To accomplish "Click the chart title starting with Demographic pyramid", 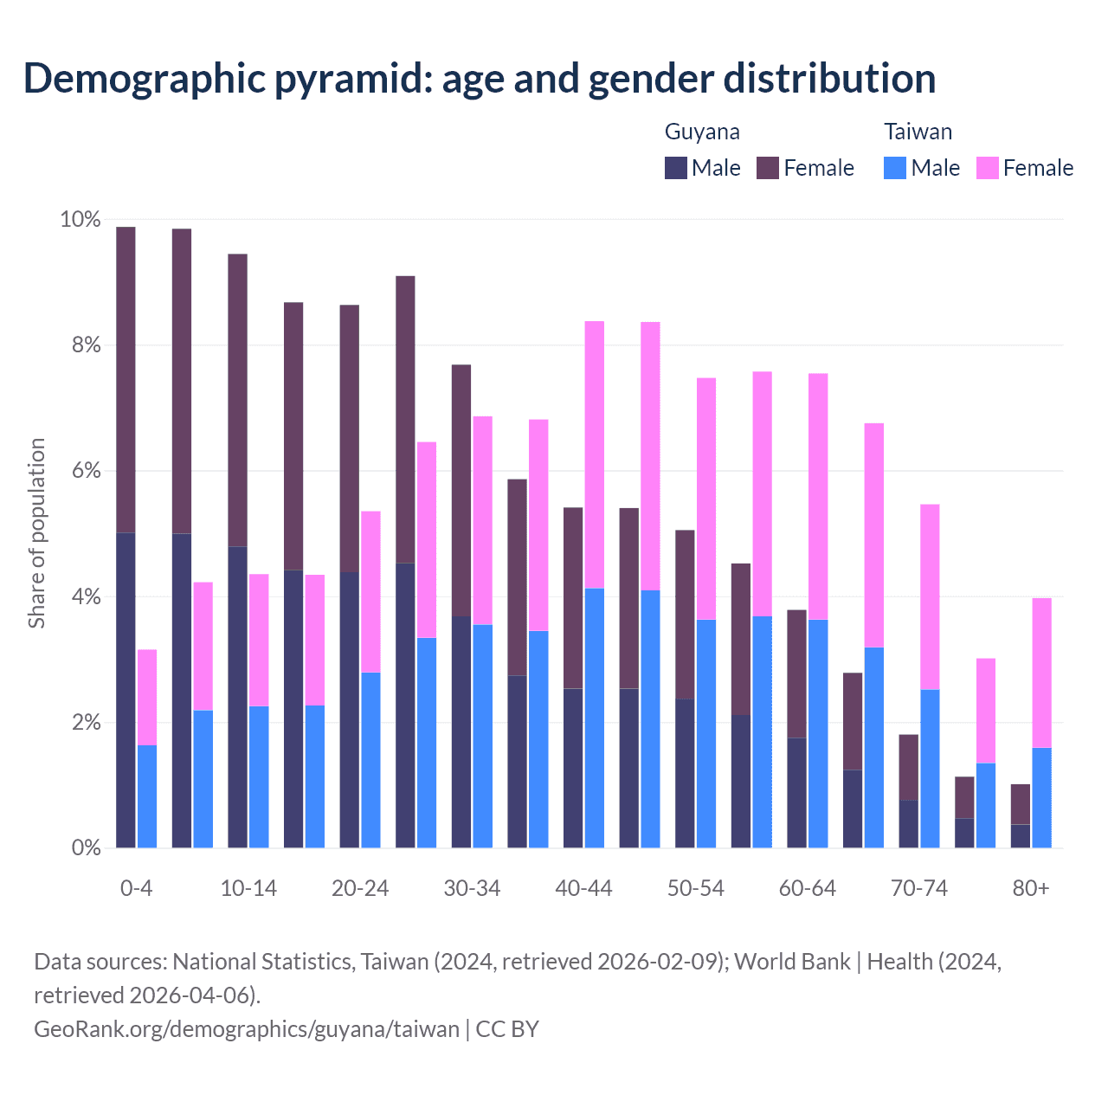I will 480,78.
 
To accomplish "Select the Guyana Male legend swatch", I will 676,168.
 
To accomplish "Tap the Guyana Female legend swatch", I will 769,168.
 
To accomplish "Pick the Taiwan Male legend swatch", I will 895,168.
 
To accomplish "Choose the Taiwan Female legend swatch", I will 988,168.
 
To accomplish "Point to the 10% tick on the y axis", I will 80,220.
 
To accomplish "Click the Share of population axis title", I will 36,532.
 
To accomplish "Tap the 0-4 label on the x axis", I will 137,889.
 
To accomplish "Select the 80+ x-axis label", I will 1031,889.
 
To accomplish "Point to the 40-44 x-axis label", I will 583,889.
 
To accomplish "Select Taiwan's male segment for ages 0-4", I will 147,796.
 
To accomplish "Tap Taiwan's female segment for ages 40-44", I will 595,454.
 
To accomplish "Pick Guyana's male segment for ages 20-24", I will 349,710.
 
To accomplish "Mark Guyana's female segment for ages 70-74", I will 909,767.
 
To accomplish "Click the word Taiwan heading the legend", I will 918,132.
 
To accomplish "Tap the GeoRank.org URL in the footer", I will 247,1028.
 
